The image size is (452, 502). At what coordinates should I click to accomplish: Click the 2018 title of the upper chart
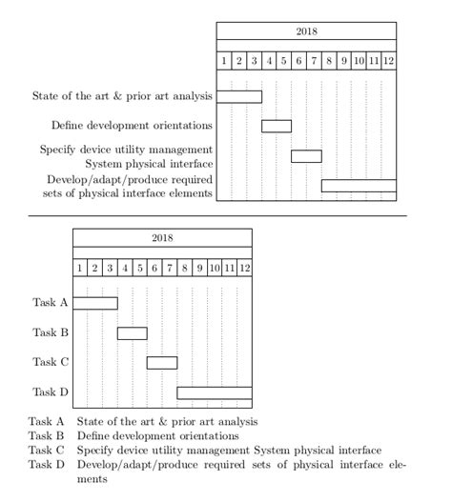306,31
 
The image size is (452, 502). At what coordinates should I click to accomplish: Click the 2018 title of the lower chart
162,237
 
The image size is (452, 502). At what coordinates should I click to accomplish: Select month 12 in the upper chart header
389,61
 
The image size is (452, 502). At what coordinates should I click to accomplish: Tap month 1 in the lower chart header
80,268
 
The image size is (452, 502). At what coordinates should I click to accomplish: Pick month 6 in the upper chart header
298,61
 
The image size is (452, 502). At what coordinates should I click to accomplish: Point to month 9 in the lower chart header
199,268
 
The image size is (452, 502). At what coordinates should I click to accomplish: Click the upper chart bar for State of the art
239,96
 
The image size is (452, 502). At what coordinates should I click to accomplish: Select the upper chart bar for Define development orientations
277,126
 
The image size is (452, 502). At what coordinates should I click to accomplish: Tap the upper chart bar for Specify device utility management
306,156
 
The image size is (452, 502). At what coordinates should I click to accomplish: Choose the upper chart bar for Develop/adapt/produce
359,186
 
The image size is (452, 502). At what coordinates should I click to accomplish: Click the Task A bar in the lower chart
95,303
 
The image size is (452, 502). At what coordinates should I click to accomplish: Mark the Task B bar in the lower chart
133,332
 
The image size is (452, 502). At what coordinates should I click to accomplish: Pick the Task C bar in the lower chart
162,362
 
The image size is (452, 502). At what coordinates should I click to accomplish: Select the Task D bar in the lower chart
215,392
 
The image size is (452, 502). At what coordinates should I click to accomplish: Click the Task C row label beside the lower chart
51,362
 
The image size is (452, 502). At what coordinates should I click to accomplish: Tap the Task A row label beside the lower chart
51,303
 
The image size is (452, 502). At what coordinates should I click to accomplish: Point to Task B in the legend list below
46,435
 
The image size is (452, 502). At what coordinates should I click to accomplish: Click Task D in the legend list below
46,464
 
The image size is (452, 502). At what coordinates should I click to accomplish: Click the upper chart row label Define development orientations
132,126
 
